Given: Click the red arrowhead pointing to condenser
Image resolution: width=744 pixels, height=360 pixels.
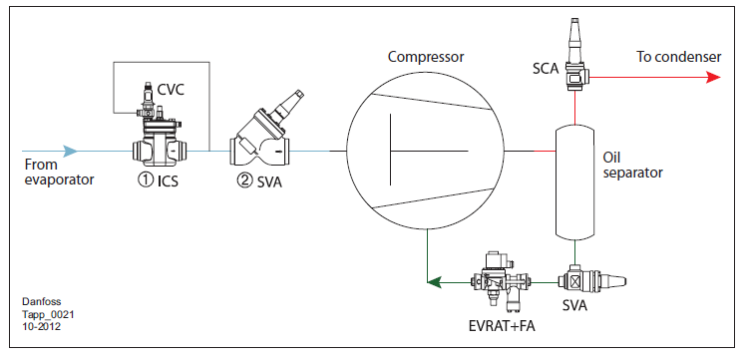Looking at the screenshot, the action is coord(713,77).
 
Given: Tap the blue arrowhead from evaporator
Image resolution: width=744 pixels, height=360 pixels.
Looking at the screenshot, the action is coord(70,152).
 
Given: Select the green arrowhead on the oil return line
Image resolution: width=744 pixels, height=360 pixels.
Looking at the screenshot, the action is coord(434,283).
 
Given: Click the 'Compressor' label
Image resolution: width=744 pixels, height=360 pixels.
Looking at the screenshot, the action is coord(426,57).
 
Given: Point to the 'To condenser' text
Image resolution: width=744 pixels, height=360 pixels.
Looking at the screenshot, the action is coord(678,57).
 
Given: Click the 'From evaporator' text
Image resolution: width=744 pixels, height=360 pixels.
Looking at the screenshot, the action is coord(59,173).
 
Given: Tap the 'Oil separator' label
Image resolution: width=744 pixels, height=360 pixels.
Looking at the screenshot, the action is coord(632,165).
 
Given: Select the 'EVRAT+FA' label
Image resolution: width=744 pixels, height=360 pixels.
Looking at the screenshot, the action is coord(501,327).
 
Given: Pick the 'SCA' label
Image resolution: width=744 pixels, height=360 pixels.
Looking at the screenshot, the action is coord(546,70).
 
